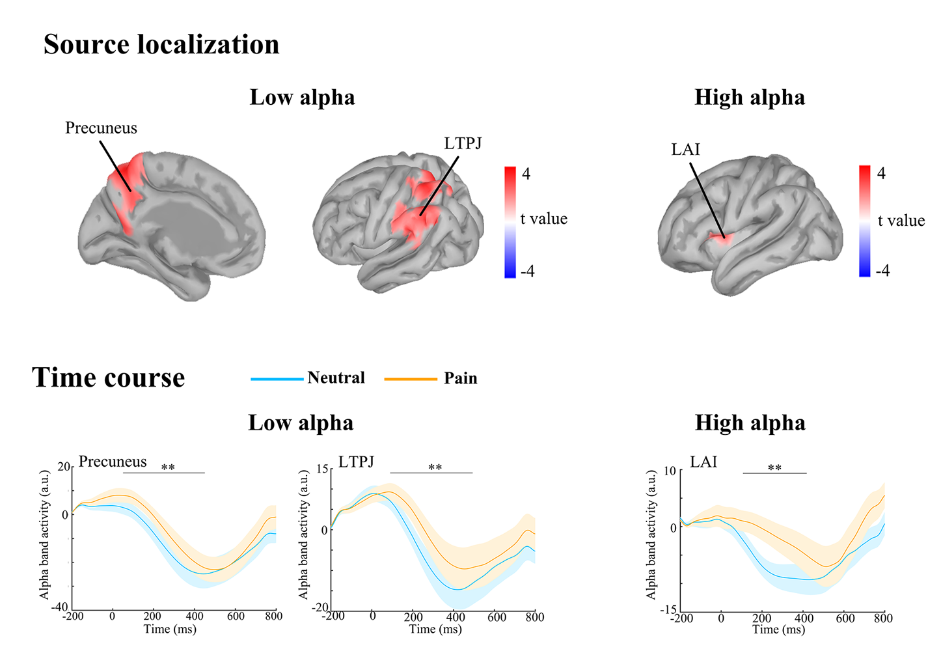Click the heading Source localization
pyautogui.click(x=161, y=45)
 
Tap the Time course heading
pyautogui.click(x=109, y=378)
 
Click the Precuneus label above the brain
pyautogui.click(x=101, y=128)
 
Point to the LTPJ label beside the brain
pyautogui.click(x=463, y=143)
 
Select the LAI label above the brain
pyautogui.click(x=685, y=150)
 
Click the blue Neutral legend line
pyautogui.click(x=277, y=379)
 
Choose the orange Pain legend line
pyautogui.click(x=410, y=379)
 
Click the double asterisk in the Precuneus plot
pyautogui.click(x=168, y=467)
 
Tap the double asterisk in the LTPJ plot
pyautogui.click(x=435, y=467)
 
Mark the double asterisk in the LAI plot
pyautogui.click(x=774, y=468)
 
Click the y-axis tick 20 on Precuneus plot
pyautogui.click(x=63, y=467)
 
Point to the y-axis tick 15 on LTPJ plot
pyautogui.click(x=322, y=469)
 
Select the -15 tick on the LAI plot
pyautogui.click(x=668, y=610)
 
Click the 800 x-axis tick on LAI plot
pyautogui.click(x=883, y=618)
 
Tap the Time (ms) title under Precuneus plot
pyautogui.click(x=170, y=629)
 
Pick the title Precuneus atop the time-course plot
pyautogui.click(x=113, y=462)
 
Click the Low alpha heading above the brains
pyautogui.click(x=302, y=98)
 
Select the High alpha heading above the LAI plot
pyautogui.click(x=750, y=423)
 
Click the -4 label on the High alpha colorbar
pyautogui.click(x=882, y=271)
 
